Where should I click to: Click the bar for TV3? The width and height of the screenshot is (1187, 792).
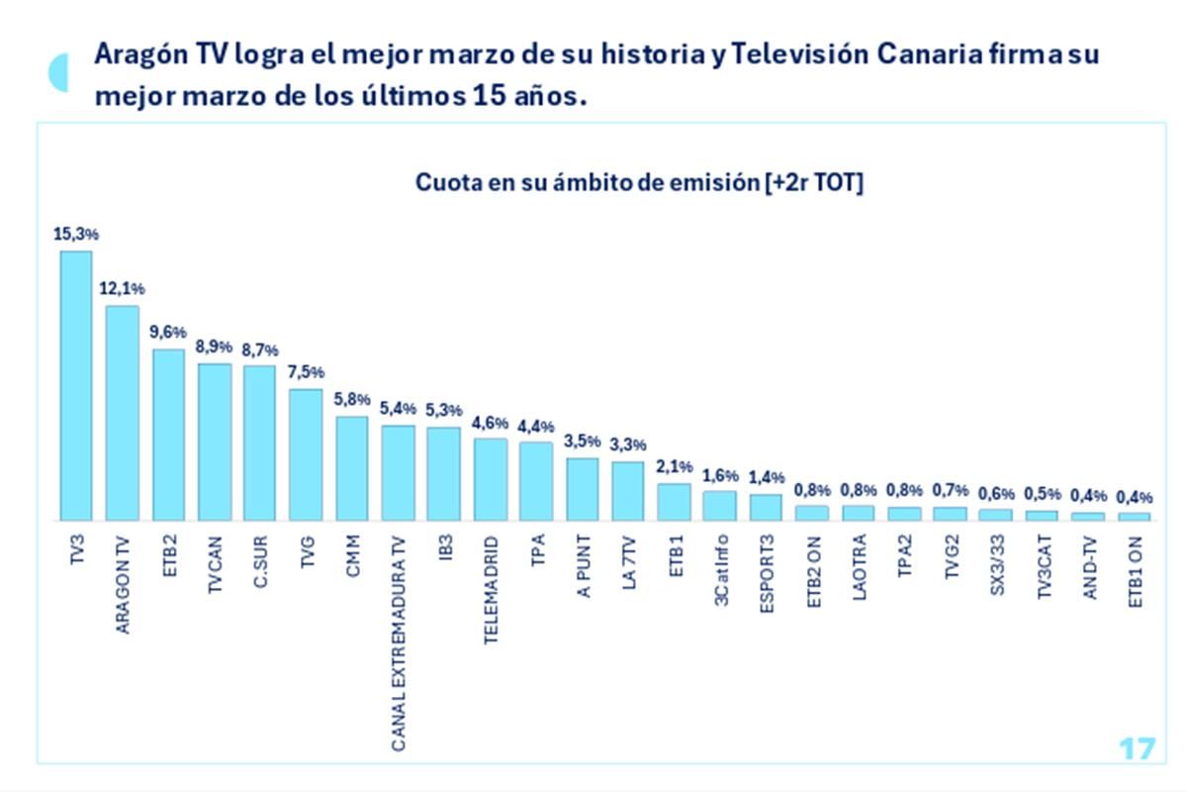tap(76, 386)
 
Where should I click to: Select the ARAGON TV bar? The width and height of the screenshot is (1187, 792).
tap(122, 413)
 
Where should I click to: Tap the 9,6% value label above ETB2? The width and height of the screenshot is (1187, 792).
tap(167, 333)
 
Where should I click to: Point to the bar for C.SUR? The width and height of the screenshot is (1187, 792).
tap(259, 443)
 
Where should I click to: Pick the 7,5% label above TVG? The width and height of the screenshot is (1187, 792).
tap(306, 373)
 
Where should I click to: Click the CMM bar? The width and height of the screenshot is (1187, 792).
tap(351, 468)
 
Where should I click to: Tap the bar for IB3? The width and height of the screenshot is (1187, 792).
tap(443, 473)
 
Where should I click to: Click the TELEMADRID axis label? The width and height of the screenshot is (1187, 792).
tap(490, 592)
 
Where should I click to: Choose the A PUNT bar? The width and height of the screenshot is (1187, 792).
tap(582, 489)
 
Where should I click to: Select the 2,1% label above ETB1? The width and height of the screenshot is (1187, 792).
tap(674, 467)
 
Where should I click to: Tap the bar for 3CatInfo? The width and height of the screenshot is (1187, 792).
tap(719, 506)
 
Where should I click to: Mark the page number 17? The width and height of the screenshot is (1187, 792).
tap(1137, 748)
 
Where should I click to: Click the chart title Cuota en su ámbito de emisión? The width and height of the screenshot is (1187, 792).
tap(639, 183)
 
